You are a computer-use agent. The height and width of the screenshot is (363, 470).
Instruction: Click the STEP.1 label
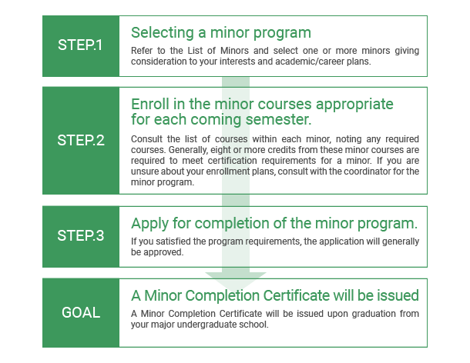pyautogui.click(x=80, y=45)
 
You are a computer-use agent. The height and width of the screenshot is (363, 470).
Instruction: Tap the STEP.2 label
pyautogui.click(x=81, y=140)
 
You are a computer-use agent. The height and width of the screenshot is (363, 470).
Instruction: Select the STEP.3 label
pyautogui.click(x=81, y=236)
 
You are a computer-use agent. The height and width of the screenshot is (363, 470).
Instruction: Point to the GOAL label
pyautogui.click(x=81, y=313)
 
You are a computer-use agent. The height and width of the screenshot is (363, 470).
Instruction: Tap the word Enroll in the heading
pyautogui.click(x=150, y=104)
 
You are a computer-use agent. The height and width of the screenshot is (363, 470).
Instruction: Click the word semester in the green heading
pyautogui.click(x=278, y=119)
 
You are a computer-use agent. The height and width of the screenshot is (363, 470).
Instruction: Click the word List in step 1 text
pyautogui.click(x=195, y=51)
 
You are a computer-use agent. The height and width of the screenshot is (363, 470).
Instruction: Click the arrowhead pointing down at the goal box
pyautogui.click(x=236, y=281)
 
